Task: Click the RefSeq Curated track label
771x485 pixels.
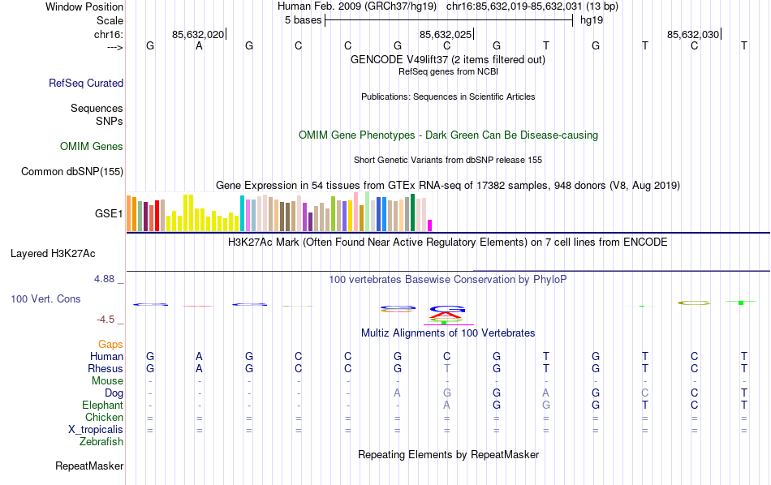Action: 86,83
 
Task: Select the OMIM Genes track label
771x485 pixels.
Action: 92,147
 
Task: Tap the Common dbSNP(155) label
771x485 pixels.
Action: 72,171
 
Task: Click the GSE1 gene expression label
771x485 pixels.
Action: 109,214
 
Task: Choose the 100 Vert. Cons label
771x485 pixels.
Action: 45,299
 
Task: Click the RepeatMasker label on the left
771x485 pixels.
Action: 89,466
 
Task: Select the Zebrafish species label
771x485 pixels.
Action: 101,442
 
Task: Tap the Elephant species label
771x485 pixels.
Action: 102,405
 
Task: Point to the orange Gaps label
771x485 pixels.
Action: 110,345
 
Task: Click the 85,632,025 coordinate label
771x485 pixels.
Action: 445,34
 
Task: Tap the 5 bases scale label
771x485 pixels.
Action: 303,20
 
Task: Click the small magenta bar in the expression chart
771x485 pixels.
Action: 430,225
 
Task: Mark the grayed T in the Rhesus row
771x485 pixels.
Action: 446,368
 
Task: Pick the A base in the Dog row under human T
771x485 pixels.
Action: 546,393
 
